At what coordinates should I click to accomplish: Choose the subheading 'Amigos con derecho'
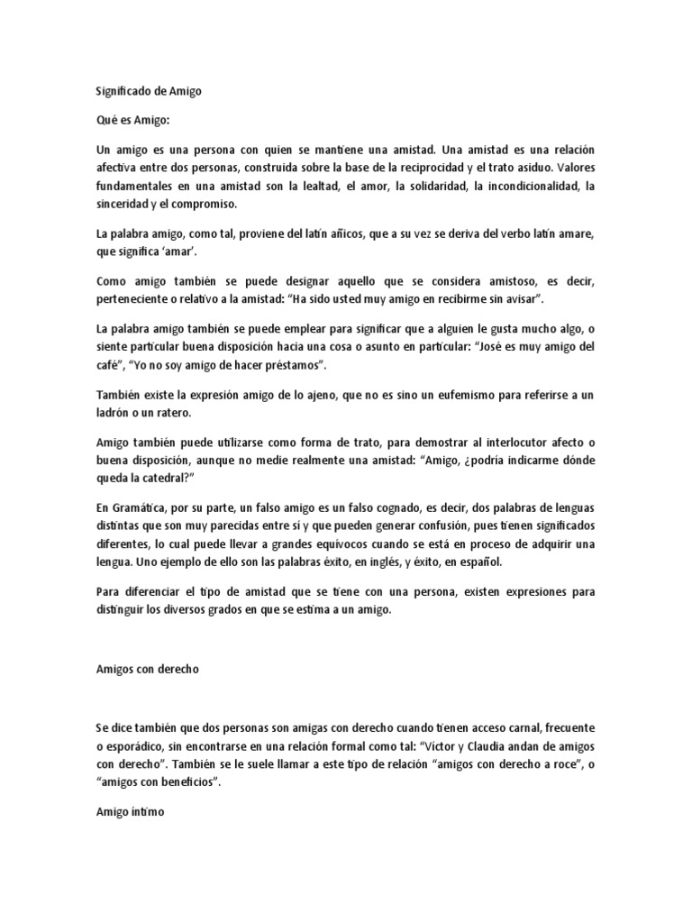coord(146,670)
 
